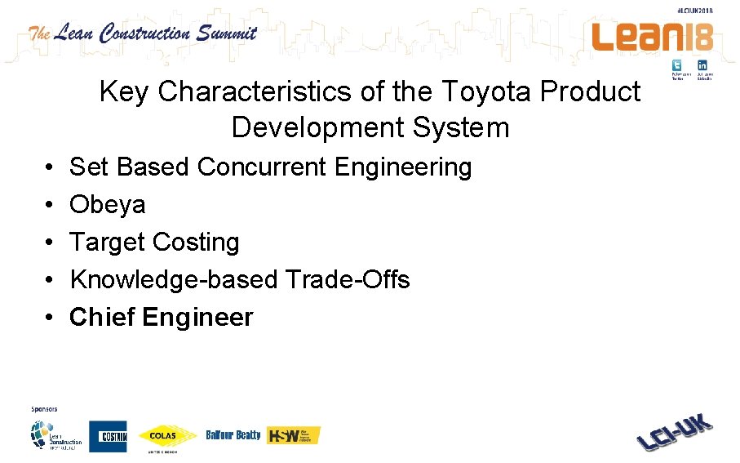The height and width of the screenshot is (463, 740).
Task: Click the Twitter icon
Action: (677, 65)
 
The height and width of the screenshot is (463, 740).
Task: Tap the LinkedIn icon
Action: (702, 65)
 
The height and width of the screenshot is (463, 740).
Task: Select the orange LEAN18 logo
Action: (652, 36)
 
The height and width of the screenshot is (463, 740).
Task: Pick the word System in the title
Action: (461, 127)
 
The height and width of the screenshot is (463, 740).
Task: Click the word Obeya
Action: (108, 204)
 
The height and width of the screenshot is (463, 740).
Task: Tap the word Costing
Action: (196, 242)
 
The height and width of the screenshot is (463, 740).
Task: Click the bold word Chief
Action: (102, 317)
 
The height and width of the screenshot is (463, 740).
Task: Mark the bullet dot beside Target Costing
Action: (50, 243)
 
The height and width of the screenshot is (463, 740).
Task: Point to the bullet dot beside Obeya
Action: (50, 205)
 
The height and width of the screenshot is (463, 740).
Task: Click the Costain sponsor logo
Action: (108, 436)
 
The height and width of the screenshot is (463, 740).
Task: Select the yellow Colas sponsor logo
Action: (168, 436)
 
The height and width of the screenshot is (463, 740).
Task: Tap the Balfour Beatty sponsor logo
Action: (233, 435)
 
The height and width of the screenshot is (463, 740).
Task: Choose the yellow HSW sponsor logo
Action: (294, 435)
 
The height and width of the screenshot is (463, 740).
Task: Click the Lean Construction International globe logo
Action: (55, 434)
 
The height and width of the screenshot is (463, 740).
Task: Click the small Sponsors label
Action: (44, 408)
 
